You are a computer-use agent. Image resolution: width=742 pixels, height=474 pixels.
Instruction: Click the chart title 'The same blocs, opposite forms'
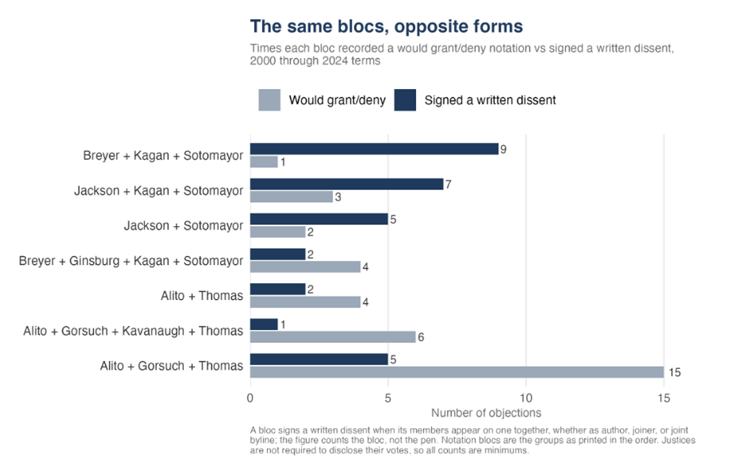click(386, 27)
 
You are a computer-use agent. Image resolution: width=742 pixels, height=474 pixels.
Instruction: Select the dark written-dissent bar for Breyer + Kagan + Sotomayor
click(374, 149)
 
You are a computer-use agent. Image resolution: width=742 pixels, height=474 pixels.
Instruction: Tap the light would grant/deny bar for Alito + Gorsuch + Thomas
click(457, 372)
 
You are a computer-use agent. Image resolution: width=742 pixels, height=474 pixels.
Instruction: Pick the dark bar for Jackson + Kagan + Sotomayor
click(347, 184)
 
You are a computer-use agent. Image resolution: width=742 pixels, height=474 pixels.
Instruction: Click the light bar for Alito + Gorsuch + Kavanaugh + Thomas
click(333, 337)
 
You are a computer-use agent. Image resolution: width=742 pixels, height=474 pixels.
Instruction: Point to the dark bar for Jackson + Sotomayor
click(319, 219)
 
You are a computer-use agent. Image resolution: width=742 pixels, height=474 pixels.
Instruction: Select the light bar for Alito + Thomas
click(305, 302)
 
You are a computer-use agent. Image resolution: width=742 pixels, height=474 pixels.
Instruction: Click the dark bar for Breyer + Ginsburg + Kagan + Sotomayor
click(278, 254)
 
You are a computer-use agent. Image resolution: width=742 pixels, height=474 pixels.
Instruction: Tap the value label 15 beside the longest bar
click(675, 373)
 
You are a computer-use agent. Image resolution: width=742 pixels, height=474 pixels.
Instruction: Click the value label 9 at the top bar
click(503, 150)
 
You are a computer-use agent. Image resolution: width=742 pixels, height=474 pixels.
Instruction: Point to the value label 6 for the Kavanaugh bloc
click(420, 337)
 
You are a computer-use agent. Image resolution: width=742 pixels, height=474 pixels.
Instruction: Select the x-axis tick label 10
click(526, 398)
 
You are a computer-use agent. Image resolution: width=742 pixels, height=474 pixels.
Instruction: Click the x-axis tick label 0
click(250, 398)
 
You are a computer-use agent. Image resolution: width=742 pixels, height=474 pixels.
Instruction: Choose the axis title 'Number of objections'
click(486, 413)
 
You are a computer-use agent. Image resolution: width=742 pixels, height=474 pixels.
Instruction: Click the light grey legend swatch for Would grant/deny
click(270, 100)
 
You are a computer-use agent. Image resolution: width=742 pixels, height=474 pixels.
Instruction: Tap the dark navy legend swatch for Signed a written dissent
click(405, 100)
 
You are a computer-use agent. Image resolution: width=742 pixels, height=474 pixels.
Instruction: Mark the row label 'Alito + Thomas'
click(202, 295)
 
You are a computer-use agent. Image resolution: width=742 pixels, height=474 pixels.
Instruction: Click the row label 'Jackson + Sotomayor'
click(184, 226)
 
